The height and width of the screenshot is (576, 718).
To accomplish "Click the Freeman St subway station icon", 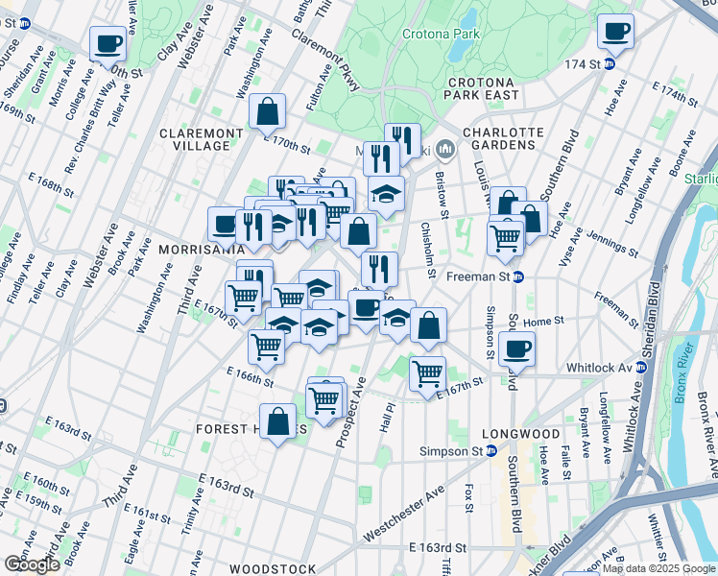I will (x=517, y=278).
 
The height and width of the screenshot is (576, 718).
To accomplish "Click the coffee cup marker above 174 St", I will (x=615, y=31).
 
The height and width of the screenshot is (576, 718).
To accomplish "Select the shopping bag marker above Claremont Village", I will (x=267, y=111).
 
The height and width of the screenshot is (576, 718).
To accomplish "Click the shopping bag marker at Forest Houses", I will (x=277, y=420).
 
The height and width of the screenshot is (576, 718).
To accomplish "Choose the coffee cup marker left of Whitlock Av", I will (x=516, y=348).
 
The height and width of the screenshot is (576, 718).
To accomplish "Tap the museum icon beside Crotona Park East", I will (x=445, y=150).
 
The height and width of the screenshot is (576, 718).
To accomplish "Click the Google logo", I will (x=32, y=564).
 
